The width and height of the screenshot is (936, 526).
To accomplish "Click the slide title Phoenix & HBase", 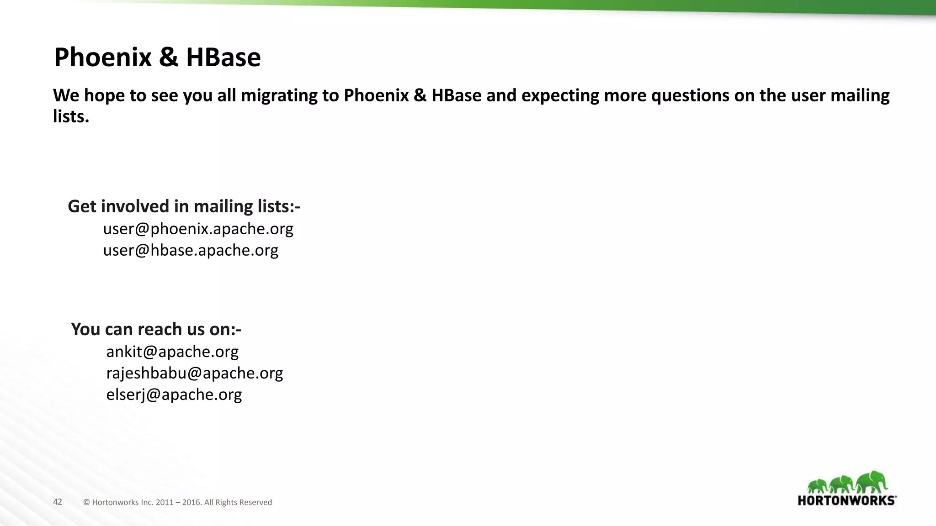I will (x=157, y=58).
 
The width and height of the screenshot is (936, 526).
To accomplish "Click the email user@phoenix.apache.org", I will (x=198, y=229).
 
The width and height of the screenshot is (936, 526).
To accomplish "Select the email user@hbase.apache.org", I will (x=191, y=250).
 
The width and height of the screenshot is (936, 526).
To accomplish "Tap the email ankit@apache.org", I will (x=172, y=352).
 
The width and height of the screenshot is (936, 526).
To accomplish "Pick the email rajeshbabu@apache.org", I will (x=195, y=373).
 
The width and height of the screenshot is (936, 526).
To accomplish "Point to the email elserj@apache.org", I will (x=174, y=394).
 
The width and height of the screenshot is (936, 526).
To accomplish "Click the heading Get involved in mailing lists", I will (x=184, y=206).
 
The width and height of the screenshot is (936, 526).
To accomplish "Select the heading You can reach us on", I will (x=156, y=329).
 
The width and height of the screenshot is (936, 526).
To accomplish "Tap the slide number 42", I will (x=58, y=502).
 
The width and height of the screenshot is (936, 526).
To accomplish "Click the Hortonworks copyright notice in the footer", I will (x=177, y=502).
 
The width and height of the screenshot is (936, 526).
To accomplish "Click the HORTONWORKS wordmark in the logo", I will (x=847, y=500).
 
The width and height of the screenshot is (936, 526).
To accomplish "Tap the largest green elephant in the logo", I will (x=872, y=481).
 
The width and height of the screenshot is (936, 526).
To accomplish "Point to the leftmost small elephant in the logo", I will (x=816, y=486).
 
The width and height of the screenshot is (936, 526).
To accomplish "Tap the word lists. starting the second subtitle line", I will (x=71, y=117).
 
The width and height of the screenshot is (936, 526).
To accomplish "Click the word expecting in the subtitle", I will (x=560, y=95).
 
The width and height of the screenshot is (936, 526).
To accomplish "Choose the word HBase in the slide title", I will (x=223, y=58).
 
